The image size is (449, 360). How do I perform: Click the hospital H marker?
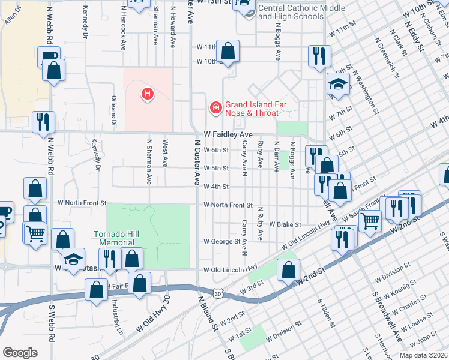coord(147,94)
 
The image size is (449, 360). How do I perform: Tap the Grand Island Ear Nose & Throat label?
coord(252,109)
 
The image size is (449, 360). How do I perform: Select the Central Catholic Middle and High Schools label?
coord(301,13)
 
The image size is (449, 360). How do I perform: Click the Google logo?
coord(19,353)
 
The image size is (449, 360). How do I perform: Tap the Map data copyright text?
coord(423,355)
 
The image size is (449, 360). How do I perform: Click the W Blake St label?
coord(285,224)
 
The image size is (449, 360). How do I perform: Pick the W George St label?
coord(221,241)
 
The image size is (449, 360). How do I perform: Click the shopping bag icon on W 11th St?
coord(228,50)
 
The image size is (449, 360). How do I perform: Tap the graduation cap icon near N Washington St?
coord(338,83)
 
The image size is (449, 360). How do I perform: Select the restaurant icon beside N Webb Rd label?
coord(43,122)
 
